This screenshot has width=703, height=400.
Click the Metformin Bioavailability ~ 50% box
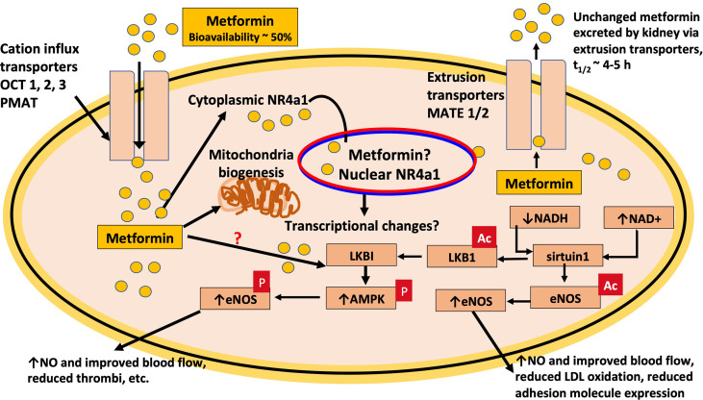(239, 27)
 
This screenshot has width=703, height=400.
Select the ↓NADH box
(544, 217)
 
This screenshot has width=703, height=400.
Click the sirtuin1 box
(567, 256)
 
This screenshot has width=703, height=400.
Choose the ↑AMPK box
(362, 298)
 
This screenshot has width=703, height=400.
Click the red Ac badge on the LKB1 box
(484, 238)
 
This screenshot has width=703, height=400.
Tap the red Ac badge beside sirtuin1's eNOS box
(611, 286)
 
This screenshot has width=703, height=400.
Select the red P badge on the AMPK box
(404, 290)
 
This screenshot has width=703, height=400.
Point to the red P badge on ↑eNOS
(262, 282)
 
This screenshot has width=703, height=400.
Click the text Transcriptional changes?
(362, 225)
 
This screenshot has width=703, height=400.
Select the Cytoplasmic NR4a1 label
(248, 100)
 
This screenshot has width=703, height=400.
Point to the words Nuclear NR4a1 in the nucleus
(389, 174)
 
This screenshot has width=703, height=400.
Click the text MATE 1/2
(458, 113)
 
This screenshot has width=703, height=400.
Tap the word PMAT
(19, 103)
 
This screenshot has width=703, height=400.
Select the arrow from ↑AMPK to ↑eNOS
(298, 297)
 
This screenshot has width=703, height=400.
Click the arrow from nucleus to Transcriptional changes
(364, 205)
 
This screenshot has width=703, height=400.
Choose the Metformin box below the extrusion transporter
(539, 183)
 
